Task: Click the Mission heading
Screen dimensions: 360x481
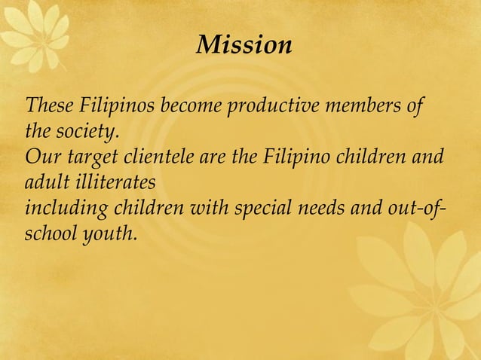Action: pyautogui.click(x=244, y=46)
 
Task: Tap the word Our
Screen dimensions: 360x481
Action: pyautogui.click(x=40, y=159)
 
